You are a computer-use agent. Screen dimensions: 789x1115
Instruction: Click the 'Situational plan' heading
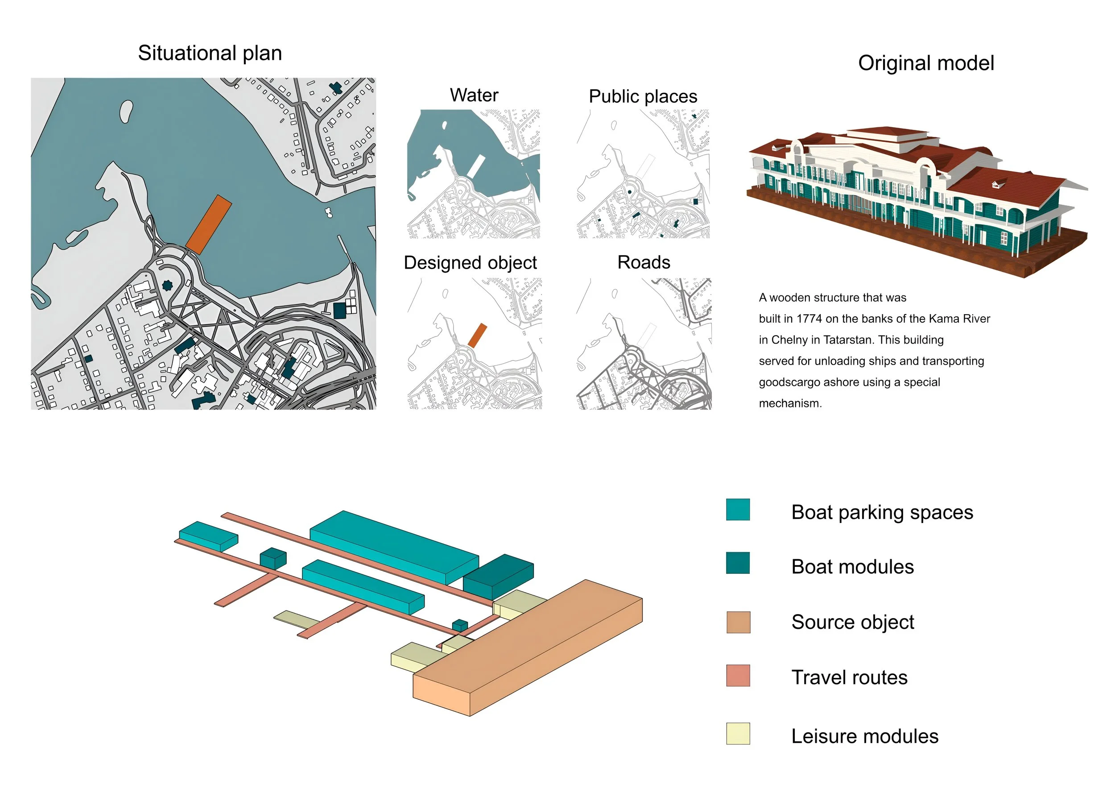[x=210, y=53]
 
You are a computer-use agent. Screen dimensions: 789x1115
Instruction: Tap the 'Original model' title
[x=925, y=63]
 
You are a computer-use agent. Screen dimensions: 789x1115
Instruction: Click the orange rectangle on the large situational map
[x=209, y=224]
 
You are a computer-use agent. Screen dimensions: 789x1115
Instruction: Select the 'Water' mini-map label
[x=474, y=95]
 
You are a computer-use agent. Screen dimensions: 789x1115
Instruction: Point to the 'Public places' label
[x=643, y=96]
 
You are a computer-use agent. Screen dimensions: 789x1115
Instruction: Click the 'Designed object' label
[x=470, y=262]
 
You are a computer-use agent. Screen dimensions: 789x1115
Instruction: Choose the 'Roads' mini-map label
[x=644, y=262]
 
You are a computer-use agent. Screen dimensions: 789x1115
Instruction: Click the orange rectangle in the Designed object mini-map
[x=477, y=336]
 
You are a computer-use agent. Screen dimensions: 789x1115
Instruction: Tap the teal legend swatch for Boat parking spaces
[x=738, y=510]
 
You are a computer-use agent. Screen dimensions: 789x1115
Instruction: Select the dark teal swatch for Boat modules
[x=738, y=563]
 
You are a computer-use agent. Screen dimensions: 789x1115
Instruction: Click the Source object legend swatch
[x=738, y=623]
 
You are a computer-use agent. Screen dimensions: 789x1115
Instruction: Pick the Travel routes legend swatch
[x=738, y=676]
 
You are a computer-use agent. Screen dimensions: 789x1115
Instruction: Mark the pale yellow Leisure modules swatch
[x=738, y=734]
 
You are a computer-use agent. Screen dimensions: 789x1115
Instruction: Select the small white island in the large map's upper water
[x=126, y=111]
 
